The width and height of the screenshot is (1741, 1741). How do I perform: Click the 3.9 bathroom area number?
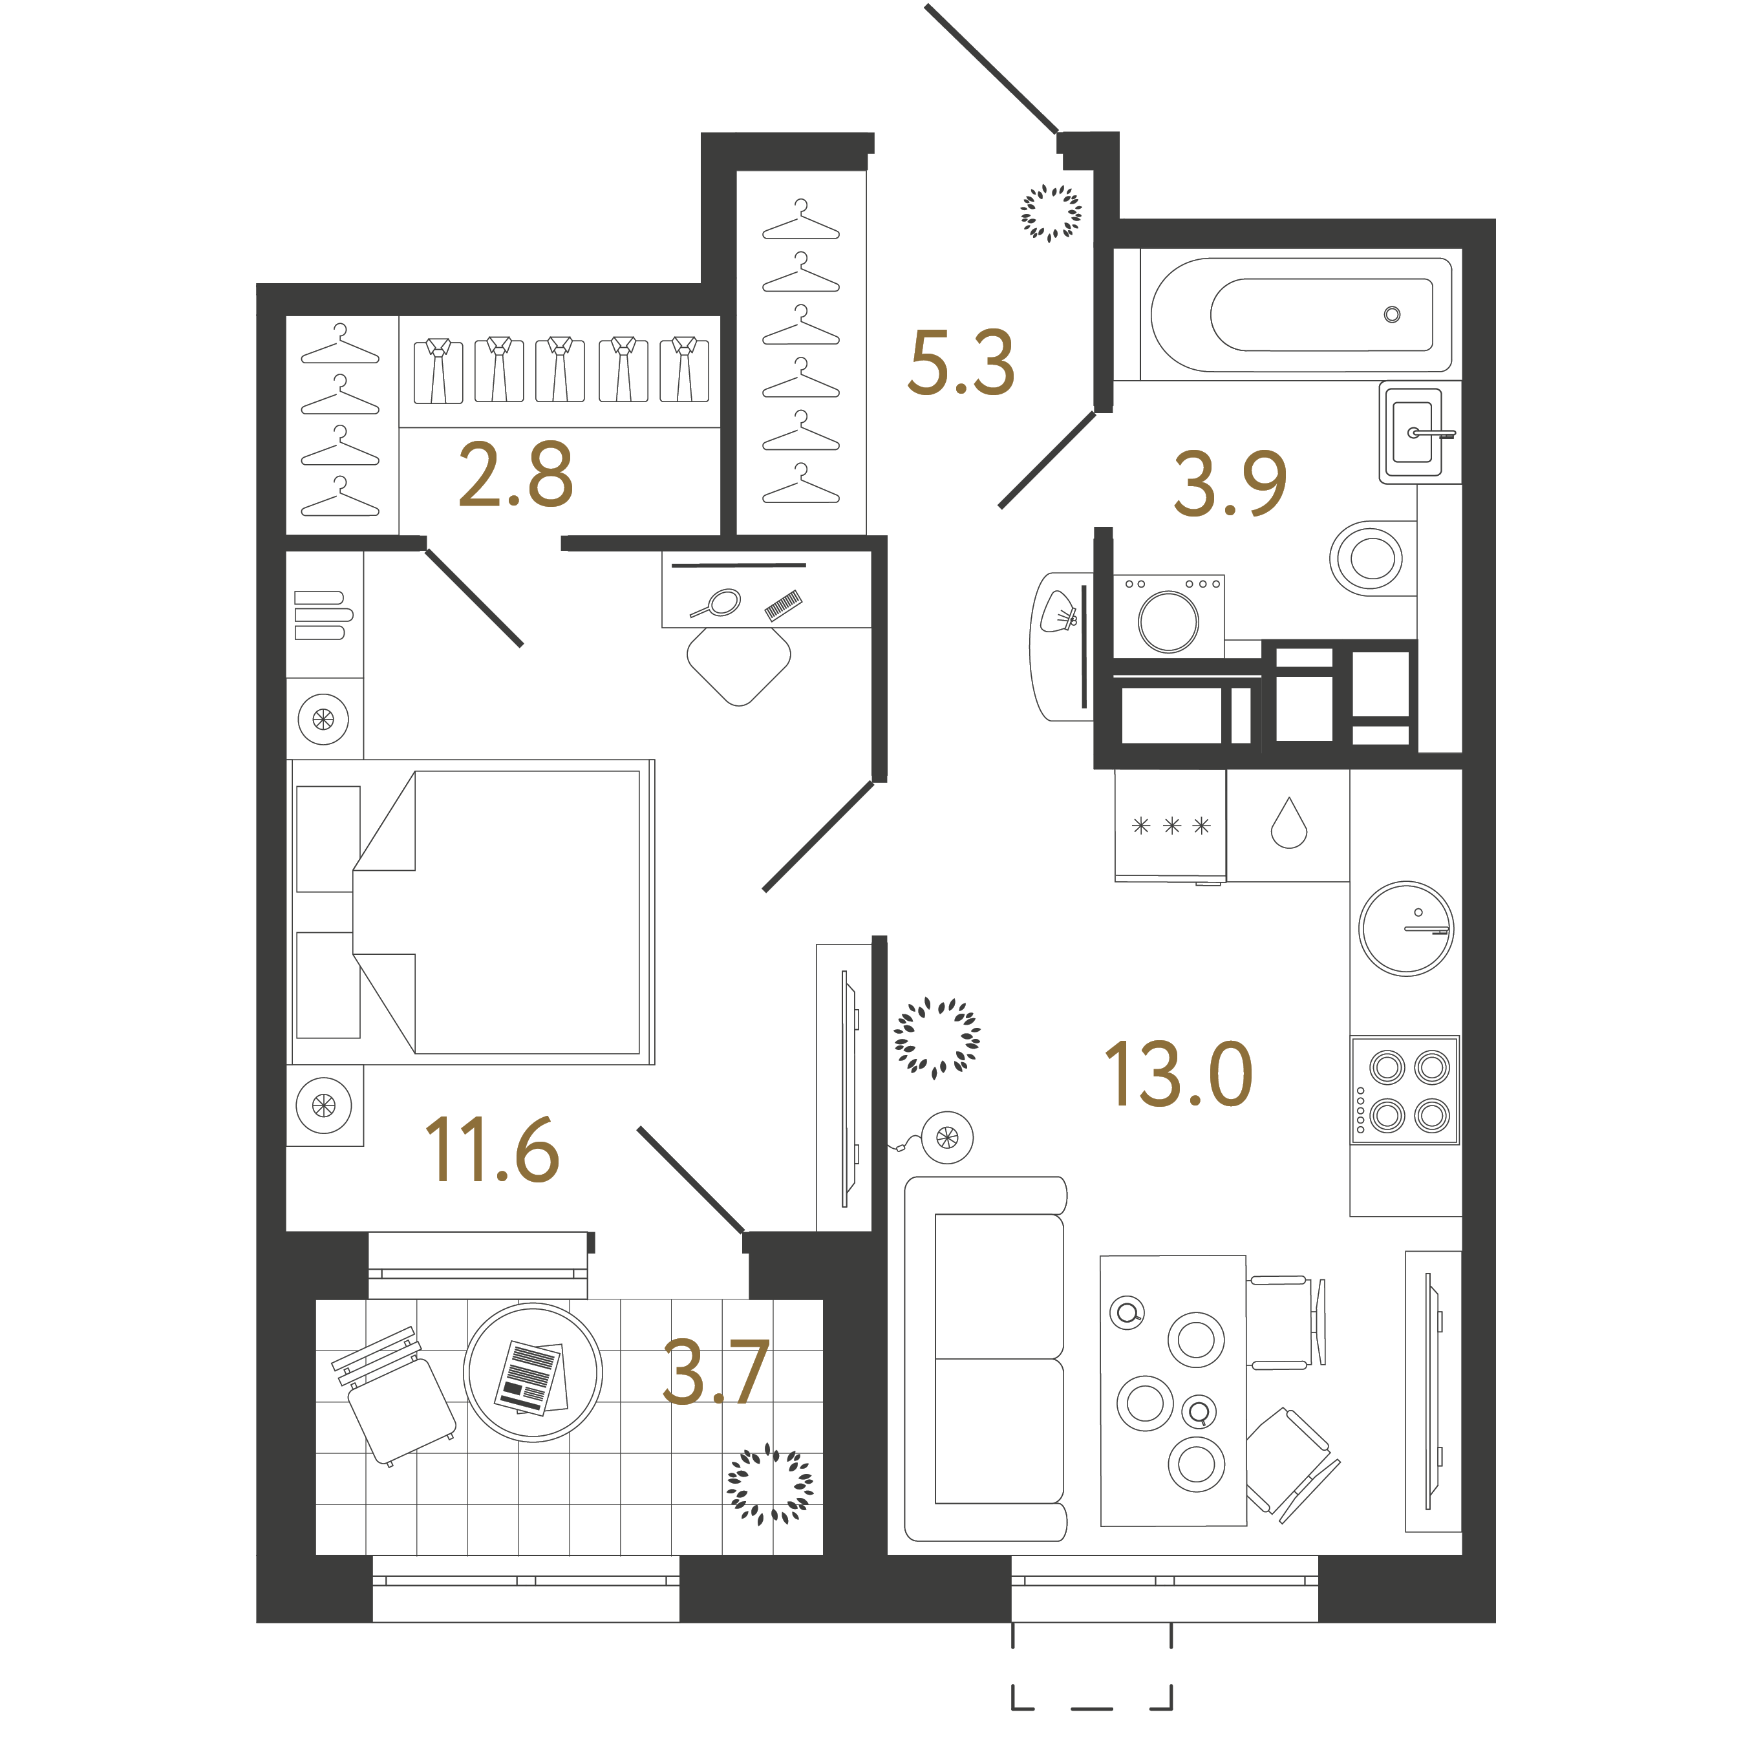pos(1230,484)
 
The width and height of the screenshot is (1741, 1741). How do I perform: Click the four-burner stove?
pos(1404,1091)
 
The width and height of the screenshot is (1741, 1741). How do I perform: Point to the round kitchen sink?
pos(1405,928)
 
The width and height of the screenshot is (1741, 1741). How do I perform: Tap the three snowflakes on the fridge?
pos(1171,826)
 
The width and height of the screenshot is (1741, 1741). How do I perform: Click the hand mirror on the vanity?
pos(718,603)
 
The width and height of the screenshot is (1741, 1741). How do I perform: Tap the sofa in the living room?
pos(987,1359)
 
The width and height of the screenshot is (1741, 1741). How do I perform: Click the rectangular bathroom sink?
pos(1413,433)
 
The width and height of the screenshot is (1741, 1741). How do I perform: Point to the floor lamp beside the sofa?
pos(946,1137)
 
